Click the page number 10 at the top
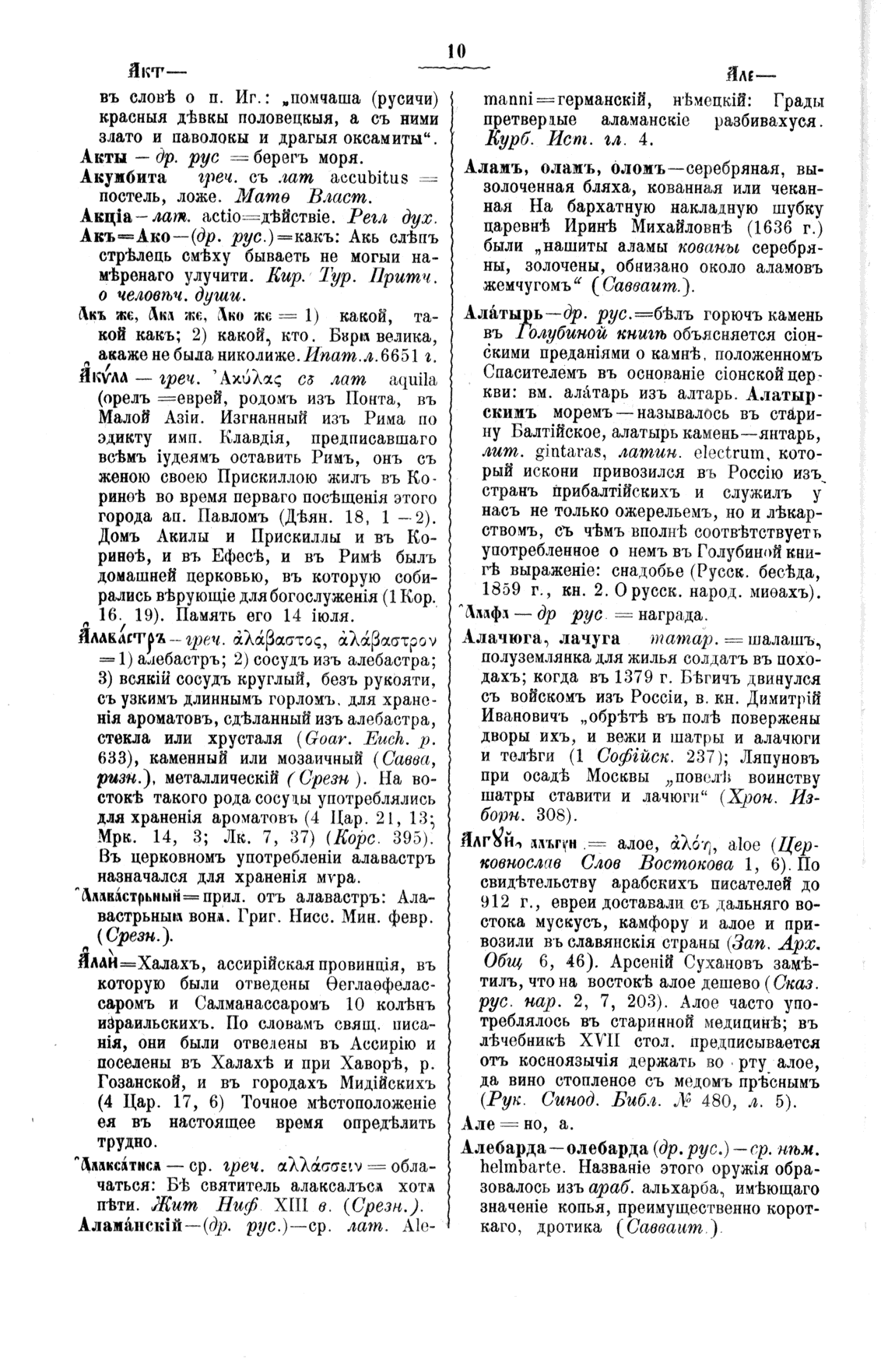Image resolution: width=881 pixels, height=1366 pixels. click(x=456, y=52)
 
